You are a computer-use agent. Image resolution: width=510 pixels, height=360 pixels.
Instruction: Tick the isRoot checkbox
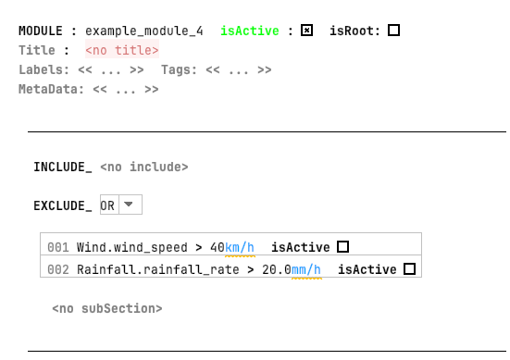393,31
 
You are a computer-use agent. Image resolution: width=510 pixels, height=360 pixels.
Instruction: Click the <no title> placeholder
121,51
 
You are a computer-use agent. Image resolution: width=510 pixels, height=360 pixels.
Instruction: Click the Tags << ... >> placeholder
238,69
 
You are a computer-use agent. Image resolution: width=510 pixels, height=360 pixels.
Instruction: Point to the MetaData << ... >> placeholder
125,90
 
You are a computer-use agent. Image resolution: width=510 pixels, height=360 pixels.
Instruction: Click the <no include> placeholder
143,168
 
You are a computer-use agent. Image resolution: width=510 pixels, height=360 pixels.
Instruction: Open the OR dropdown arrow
130,205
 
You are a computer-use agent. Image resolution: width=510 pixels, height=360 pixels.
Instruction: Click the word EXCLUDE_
62,206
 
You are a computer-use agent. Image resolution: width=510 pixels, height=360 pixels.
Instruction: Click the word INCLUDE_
62,168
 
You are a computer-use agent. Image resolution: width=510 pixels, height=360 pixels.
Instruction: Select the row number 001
58,247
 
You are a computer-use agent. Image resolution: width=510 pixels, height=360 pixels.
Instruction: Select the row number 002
58,269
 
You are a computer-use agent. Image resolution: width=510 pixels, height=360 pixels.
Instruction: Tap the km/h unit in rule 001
240,247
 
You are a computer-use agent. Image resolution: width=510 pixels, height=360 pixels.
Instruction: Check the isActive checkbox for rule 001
342,247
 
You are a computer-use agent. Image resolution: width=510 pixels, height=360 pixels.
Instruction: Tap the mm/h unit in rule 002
306,269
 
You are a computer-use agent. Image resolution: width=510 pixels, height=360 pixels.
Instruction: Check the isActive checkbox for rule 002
409,269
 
